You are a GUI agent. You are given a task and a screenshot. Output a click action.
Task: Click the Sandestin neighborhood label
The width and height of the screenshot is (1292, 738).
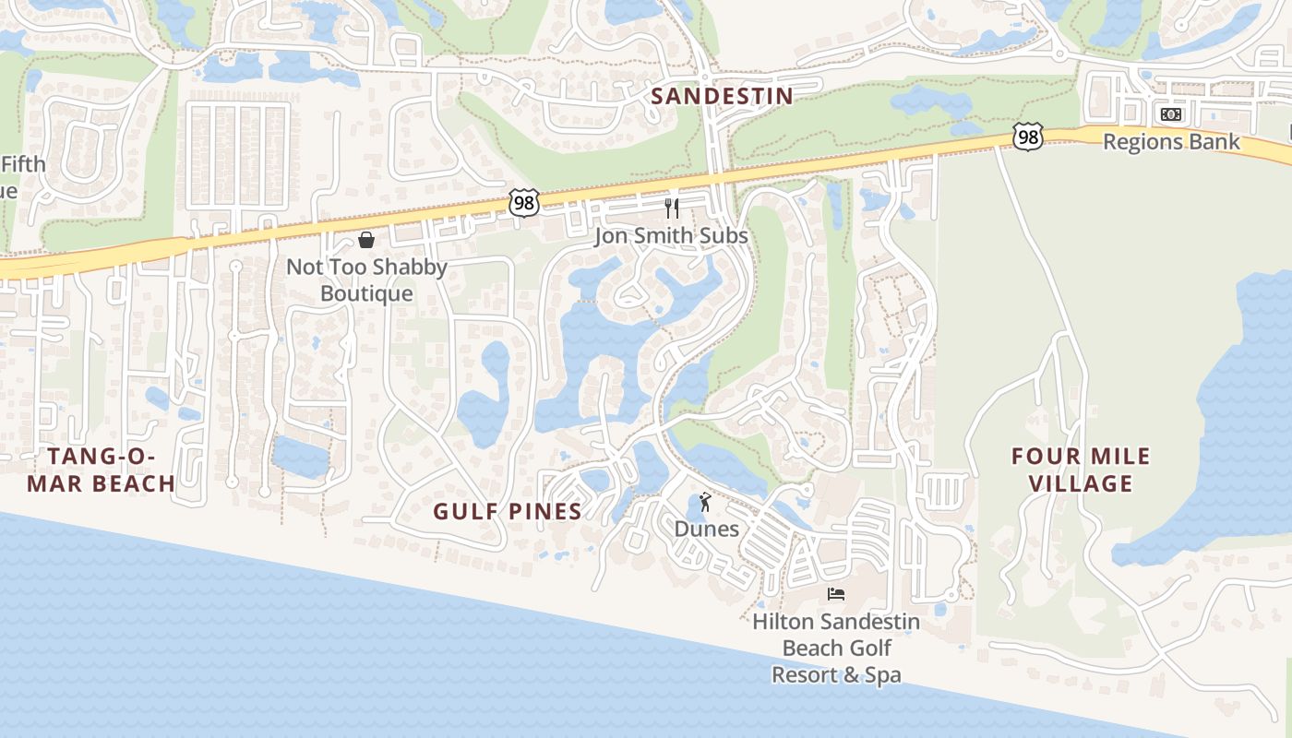coord(722,96)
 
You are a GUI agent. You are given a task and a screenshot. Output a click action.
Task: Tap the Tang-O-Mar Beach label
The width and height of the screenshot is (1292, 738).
coord(99,470)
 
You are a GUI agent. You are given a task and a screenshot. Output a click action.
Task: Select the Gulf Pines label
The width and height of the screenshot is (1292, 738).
coord(508,511)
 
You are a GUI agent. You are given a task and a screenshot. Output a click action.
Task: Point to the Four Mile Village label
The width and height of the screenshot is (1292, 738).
coord(1081,470)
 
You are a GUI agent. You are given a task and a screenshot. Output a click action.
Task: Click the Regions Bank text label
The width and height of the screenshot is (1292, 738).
coord(1171,142)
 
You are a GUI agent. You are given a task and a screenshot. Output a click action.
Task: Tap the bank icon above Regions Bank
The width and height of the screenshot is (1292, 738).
coord(1171,114)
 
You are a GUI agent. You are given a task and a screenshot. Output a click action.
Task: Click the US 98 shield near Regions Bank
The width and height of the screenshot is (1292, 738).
coord(1027,137)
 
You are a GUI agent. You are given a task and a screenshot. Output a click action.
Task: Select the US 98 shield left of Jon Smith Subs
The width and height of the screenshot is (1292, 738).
coord(523,203)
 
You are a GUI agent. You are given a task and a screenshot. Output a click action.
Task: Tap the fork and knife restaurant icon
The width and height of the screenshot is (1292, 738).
coord(672,208)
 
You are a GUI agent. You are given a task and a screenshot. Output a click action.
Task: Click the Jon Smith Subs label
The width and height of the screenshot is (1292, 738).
coord(671,236)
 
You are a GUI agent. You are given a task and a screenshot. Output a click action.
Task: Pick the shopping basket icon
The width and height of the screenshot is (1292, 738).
coord(366,240)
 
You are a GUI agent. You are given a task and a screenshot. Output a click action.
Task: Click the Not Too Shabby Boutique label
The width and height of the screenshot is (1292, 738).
coord(366,280)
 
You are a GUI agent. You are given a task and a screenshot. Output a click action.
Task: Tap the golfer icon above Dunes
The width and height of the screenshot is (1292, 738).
coord(706,502)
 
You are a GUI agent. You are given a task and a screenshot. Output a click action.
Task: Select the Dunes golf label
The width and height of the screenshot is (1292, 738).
coord(707,529)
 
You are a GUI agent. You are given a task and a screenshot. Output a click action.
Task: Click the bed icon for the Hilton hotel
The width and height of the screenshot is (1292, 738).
coord(836,593)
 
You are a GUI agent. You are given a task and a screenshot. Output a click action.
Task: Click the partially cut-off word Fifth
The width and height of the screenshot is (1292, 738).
coord(22,165)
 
